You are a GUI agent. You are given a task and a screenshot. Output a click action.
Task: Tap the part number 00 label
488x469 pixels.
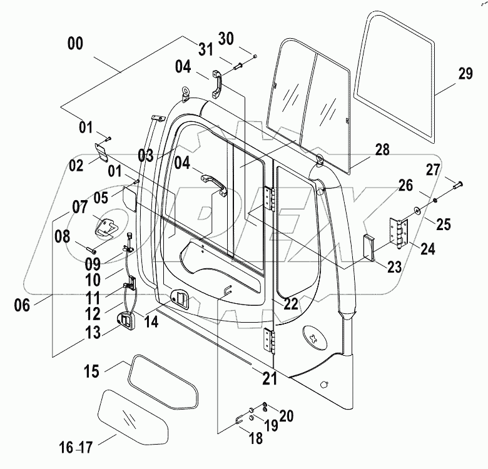pyautogui.click(x=76, y=45)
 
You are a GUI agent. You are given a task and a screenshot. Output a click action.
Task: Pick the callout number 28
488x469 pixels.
pyautogui.click(x=382, y=149)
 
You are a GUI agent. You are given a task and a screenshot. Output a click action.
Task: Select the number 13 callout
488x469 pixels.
pyautogui.click(x=92, y=332)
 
